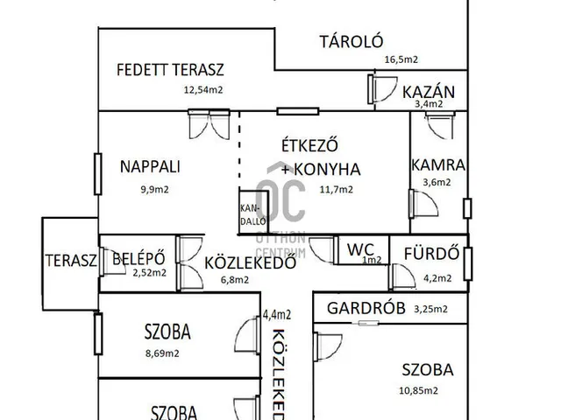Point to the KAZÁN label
[x=428, y=91]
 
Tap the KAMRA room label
[x=437, y=164]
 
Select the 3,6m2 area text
[x=437, y=182]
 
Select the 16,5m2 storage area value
[x=401, y=59]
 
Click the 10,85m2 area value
[x=419, y=390]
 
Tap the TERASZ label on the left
[x=70, y=260]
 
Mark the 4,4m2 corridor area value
[x=277, y=314]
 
